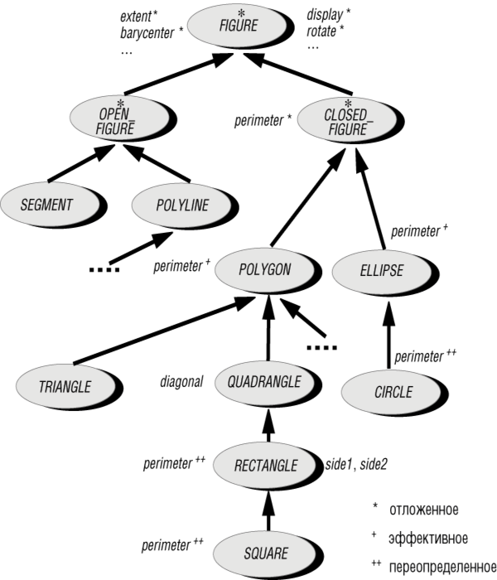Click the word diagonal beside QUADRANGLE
pyautogui.click(x=181, y=381)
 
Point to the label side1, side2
pyautogui.click(x=356, y=464)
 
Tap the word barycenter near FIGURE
pyautogui.click(x=147, y=33)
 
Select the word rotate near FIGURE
pyautogui.click(x=321, y=31)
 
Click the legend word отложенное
pyautogui.click(x=424, y=510)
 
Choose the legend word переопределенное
pyautogui.click(x=442, y=566)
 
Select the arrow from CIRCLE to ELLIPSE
pyautogui.click(x=388, y=335)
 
